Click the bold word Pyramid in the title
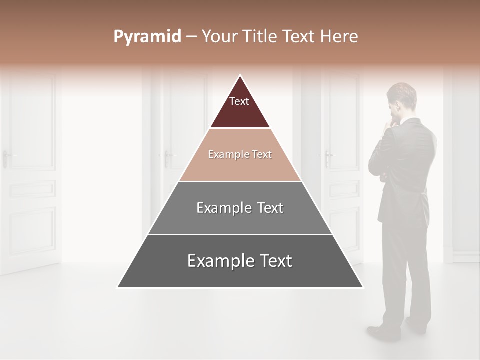(x=147, y=37)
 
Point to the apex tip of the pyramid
(x=240, y=76)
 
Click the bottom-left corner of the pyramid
(x=118, y=287)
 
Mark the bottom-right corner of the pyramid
(x=362, y=287)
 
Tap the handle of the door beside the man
(x=327, y=156)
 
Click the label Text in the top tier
(x=239, y=101)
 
